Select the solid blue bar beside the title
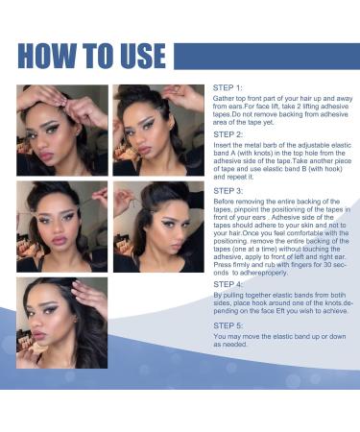tap(267, 56)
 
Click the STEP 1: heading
tap(228, 87)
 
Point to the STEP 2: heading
tap(228, 134)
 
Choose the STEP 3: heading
tap(228, 191)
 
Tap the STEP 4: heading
tap(228, 284)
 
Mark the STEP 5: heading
tap(228, 325)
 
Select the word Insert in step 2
tap(222, 145)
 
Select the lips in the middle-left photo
tap(60, 240)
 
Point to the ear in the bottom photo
tap(76, 318)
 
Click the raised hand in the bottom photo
tap(88, 295)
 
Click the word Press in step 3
tap(221, 265)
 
